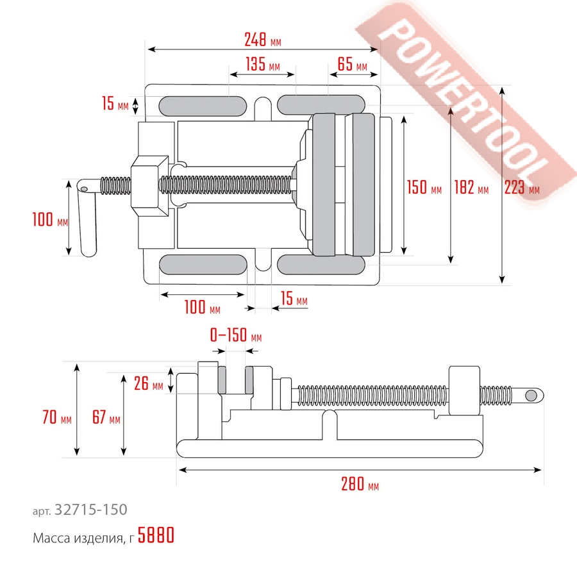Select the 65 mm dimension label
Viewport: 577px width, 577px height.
pyautogui.click(x=352, y=65)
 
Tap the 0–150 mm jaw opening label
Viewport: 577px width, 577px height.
pyautogui.click(x=236, y=336)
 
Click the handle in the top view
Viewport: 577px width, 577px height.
pyautogui.click(x=88, y=221)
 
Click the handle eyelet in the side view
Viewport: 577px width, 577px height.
pyautogui.click(x=531, y=395)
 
